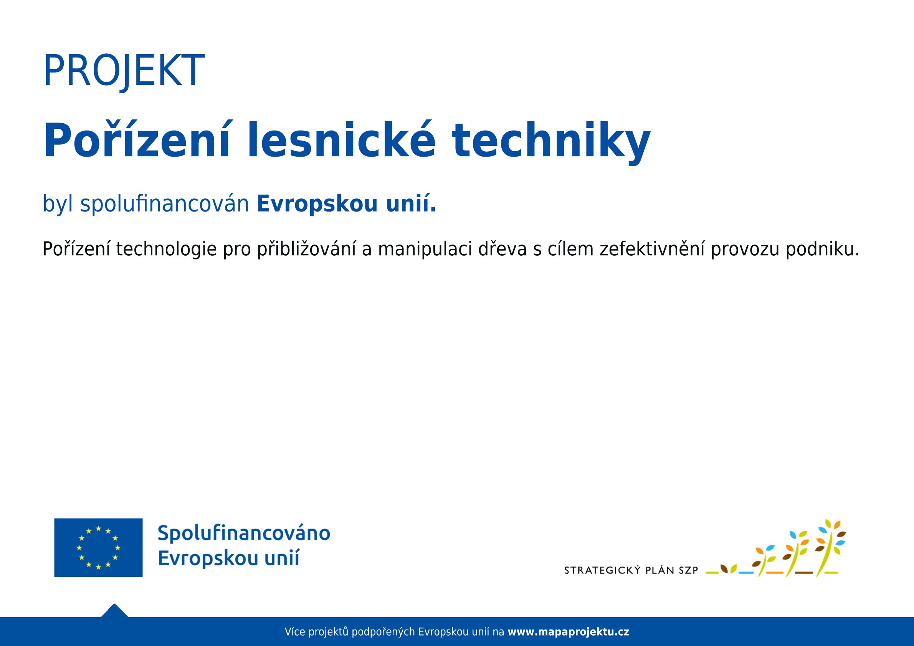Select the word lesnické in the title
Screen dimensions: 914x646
point(341,140)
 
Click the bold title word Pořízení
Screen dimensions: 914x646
point(137,140)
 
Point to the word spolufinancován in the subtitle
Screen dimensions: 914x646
point(164,203)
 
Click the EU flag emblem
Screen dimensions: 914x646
point(98,547)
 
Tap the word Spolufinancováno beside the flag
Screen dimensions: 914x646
point(244,534)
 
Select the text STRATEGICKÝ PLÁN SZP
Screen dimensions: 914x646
point(631,570)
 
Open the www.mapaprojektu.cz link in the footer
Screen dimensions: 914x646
point(569,632)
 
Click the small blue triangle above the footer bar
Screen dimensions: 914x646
point(114,611)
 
